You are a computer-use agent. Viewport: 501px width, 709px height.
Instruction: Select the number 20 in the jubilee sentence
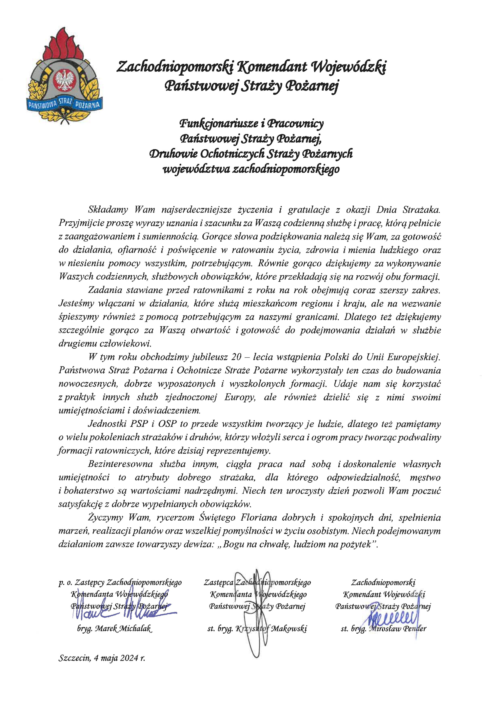click(x=236, y=357)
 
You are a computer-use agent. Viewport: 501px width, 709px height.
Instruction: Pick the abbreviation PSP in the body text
click(x=139, y=424)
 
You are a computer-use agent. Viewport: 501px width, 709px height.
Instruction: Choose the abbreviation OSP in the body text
click(x=167, y=424)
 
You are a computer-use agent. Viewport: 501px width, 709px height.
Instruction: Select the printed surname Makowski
click(x=289, y=628)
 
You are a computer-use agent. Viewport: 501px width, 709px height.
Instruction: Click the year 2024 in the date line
click(x=129, y=658)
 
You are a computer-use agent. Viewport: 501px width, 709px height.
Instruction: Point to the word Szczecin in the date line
click(x=74, y=658)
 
